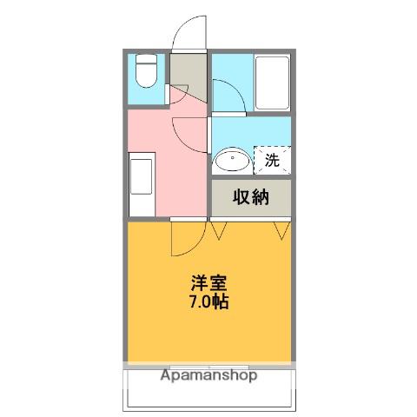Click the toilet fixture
pos(146,71)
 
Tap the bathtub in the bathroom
pos(272,83)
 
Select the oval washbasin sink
pos(232,160)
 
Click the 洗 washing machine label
pos(272,160)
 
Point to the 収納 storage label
pos(251,197)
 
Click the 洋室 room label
pos(208,283)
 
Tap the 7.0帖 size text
pos(208,301)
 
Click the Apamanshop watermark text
pos(208,375)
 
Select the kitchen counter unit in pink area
pos(142,184)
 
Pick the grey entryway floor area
pos(189,75)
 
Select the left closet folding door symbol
pos(218,230)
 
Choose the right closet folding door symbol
pos(282,230)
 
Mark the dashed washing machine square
pos(272,160)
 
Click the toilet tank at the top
pos(146,59)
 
